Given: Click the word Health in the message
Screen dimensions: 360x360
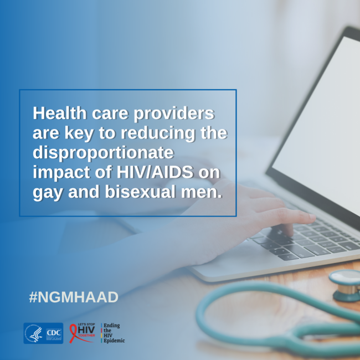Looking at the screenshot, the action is tap(60, 113).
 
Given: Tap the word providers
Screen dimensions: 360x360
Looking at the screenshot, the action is tap(174, 114).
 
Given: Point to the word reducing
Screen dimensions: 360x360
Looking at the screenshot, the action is tap(158, 133).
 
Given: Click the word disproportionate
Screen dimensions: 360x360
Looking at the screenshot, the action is tap(104, 153).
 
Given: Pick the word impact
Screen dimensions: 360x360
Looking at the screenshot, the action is tap(61, 173).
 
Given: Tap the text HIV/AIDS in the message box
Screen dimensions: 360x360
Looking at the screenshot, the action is tap(155, 172).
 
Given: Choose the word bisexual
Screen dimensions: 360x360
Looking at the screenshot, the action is tap(140, 192).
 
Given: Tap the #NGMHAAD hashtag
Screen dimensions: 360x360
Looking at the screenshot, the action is tap(74, 297).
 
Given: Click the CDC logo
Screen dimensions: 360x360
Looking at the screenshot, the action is tap(54, 333).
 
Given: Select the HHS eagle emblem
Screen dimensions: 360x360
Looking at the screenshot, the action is tap(34, 333).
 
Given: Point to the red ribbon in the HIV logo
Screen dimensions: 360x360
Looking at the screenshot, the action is tap(75, 333).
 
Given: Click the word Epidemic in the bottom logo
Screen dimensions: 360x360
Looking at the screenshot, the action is tap(114, 340).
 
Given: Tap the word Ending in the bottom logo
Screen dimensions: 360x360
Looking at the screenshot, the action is tap(111, 326).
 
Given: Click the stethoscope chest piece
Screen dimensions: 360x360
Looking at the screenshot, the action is tap(346, 285).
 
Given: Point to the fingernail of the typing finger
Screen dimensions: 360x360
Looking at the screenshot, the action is tap(312, 217).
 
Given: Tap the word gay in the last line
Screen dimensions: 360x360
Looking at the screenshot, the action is tap(48, 193).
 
